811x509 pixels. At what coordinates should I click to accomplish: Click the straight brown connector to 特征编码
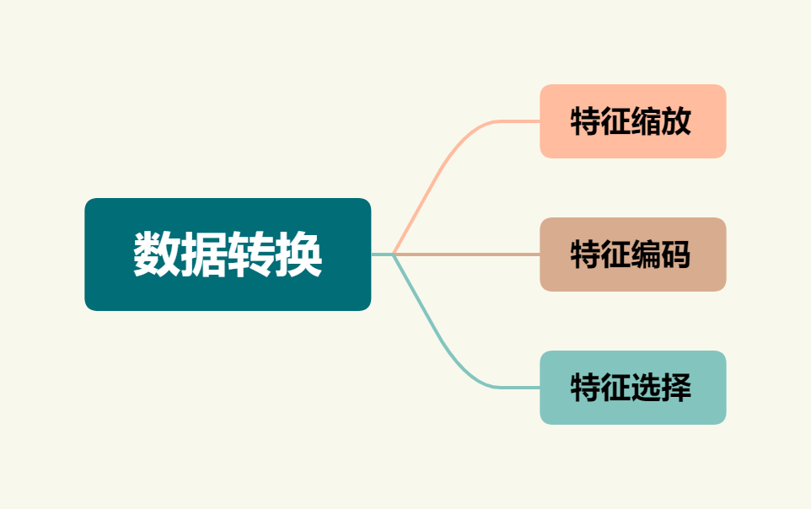pos(472,254)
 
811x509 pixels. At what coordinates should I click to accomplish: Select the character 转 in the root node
pos(251,254)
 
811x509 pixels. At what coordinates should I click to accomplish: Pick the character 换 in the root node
pos(299,254)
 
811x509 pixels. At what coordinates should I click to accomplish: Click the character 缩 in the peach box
pos(647,121)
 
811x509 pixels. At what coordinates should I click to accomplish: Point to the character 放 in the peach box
pos(677,121)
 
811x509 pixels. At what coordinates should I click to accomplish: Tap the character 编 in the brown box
pos(647,254)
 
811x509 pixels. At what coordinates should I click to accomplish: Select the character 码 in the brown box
pos(677,254)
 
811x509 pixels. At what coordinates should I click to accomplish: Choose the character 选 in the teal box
pos(647,388)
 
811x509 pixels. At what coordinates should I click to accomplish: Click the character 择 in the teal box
pos(677,388)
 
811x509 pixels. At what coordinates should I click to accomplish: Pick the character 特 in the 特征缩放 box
pos(586,121)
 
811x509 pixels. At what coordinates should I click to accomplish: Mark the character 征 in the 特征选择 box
pos(616,388)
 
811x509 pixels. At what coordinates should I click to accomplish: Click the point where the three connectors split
pos(394,254)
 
